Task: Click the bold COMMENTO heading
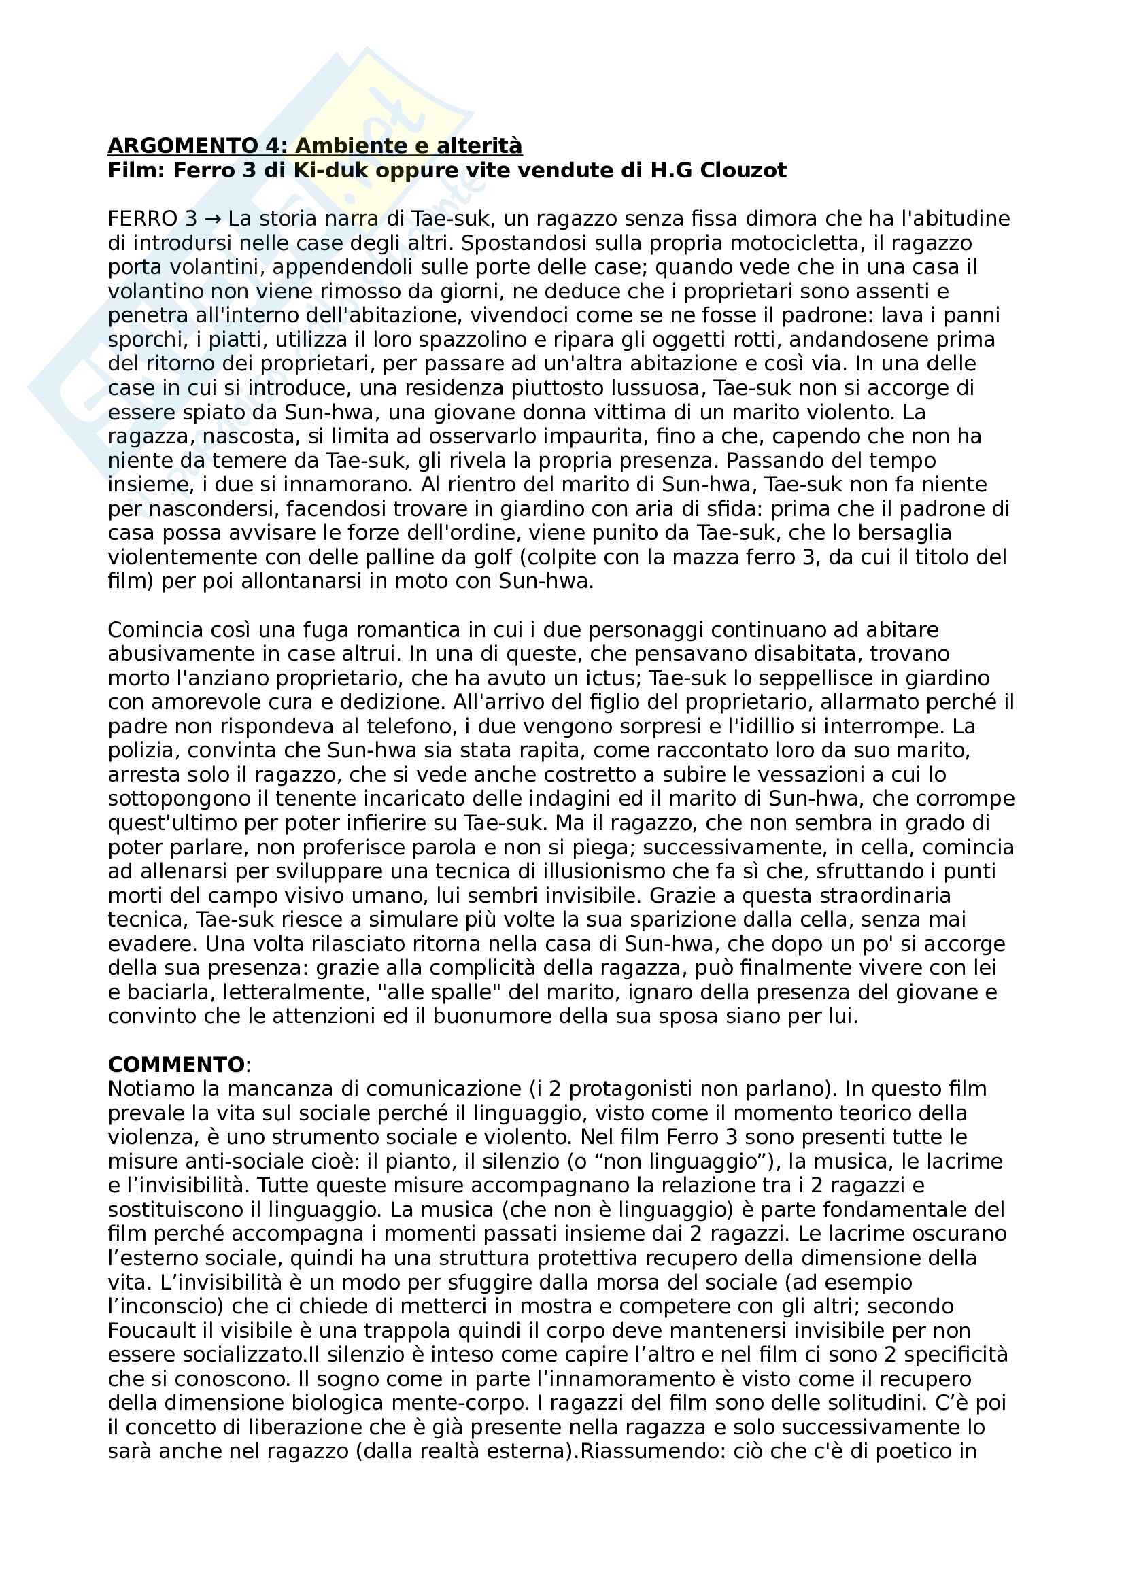[176, 1065]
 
